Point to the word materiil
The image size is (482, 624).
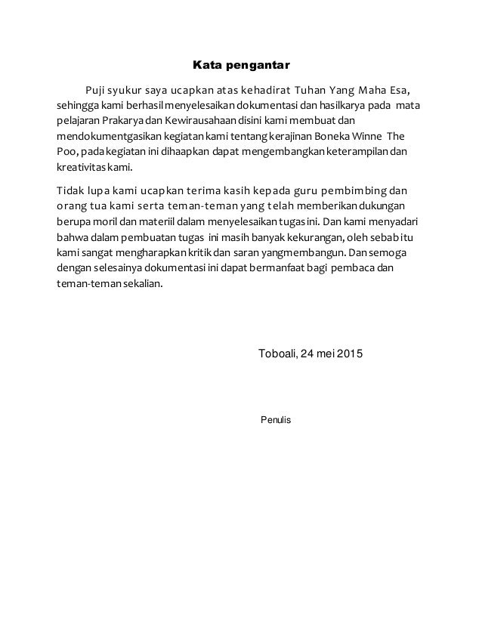[x=153, y=224]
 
